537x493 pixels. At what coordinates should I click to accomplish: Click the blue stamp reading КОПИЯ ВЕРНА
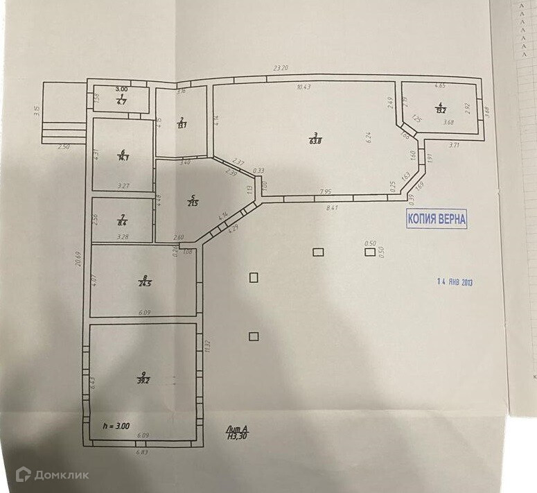437,219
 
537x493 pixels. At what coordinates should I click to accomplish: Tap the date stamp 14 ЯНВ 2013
455,282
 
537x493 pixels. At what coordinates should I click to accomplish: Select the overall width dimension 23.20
280,68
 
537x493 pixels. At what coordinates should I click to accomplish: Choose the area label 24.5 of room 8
144,282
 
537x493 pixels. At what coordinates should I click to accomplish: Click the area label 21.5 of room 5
192,202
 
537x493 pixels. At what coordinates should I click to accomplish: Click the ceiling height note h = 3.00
115,426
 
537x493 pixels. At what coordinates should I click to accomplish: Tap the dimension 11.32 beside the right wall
207,343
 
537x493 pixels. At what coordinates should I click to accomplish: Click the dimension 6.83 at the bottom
141,451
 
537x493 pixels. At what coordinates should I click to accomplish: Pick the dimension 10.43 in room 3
304,87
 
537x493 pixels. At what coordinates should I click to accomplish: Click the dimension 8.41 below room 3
332,206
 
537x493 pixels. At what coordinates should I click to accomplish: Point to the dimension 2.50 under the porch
64,147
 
